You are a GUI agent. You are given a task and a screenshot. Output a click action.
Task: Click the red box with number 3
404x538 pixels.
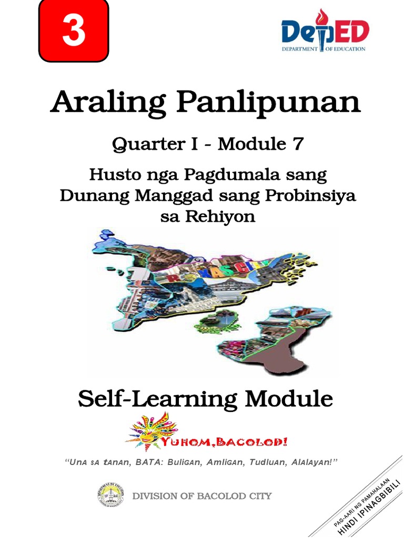(x=74, y=31)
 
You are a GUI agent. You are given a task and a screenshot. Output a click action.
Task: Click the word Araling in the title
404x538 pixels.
(x=108, y=102)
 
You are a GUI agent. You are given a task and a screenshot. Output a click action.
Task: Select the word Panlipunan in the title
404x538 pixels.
(x=268, y=102)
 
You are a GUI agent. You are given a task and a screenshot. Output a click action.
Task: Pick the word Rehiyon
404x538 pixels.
(x=223, y=216)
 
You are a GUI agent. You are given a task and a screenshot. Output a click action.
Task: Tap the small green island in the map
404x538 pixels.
(x=217, y=321)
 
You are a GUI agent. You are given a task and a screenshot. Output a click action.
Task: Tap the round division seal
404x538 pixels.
(x=110, y=496)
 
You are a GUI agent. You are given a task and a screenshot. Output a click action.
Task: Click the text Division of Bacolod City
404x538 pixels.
(x=202, y=496)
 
